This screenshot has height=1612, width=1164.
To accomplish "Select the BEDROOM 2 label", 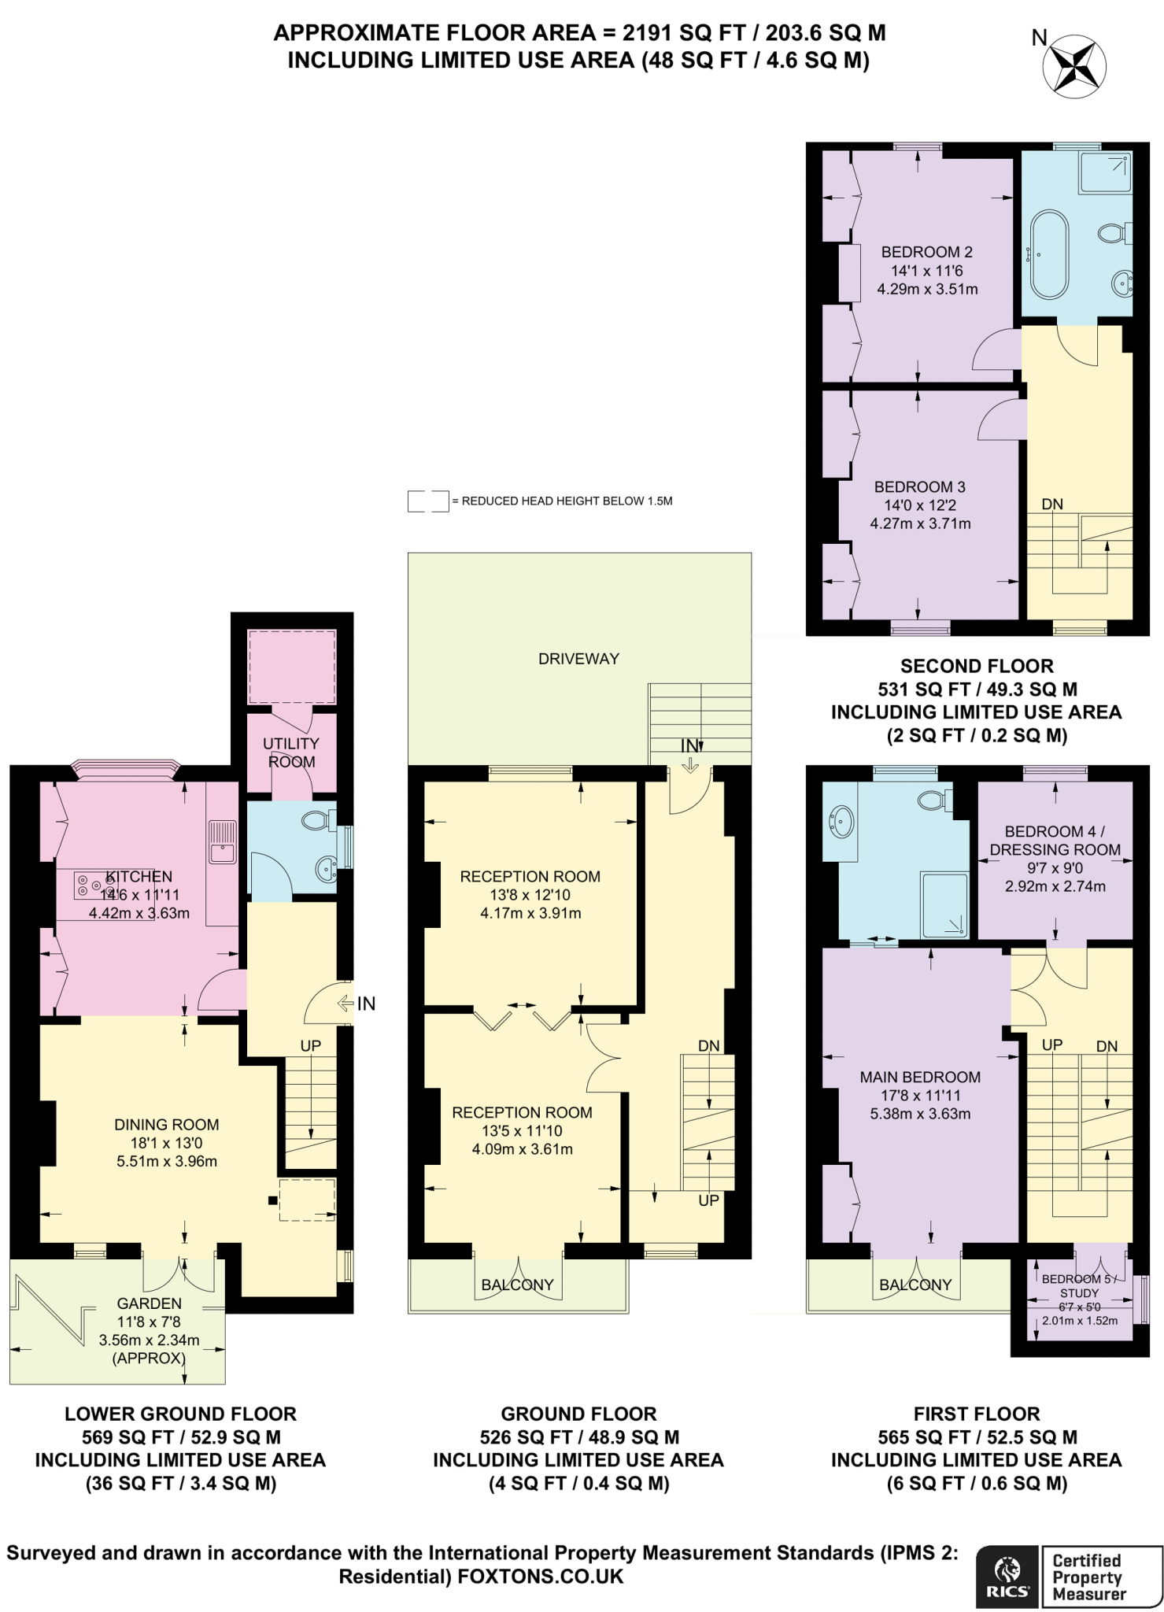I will point(926,252).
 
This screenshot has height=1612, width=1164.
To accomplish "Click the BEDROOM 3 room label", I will point(919,487).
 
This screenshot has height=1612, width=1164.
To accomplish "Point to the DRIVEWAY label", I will point(578,659).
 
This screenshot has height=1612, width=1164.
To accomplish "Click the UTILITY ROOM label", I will point(291,752).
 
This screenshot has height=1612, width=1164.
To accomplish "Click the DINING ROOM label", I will point(166,1125).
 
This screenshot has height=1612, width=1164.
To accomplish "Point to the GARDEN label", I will point(149,1304).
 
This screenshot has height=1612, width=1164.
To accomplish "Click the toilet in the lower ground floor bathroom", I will point(316,821).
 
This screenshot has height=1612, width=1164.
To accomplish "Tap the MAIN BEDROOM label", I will point(919,1077).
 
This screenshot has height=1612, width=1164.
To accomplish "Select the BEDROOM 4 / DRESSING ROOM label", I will point(1055,841).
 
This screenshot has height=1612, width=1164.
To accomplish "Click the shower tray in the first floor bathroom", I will point(944,905).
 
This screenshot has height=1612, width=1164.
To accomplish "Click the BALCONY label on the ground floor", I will point(517,1285).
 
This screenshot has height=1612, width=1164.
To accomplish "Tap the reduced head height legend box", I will point(428,501).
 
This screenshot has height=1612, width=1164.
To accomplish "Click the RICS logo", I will point(1007,1577).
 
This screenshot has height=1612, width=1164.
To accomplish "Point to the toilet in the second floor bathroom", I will point(1111,233).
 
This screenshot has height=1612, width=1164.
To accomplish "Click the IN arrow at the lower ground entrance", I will point(346,1004).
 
